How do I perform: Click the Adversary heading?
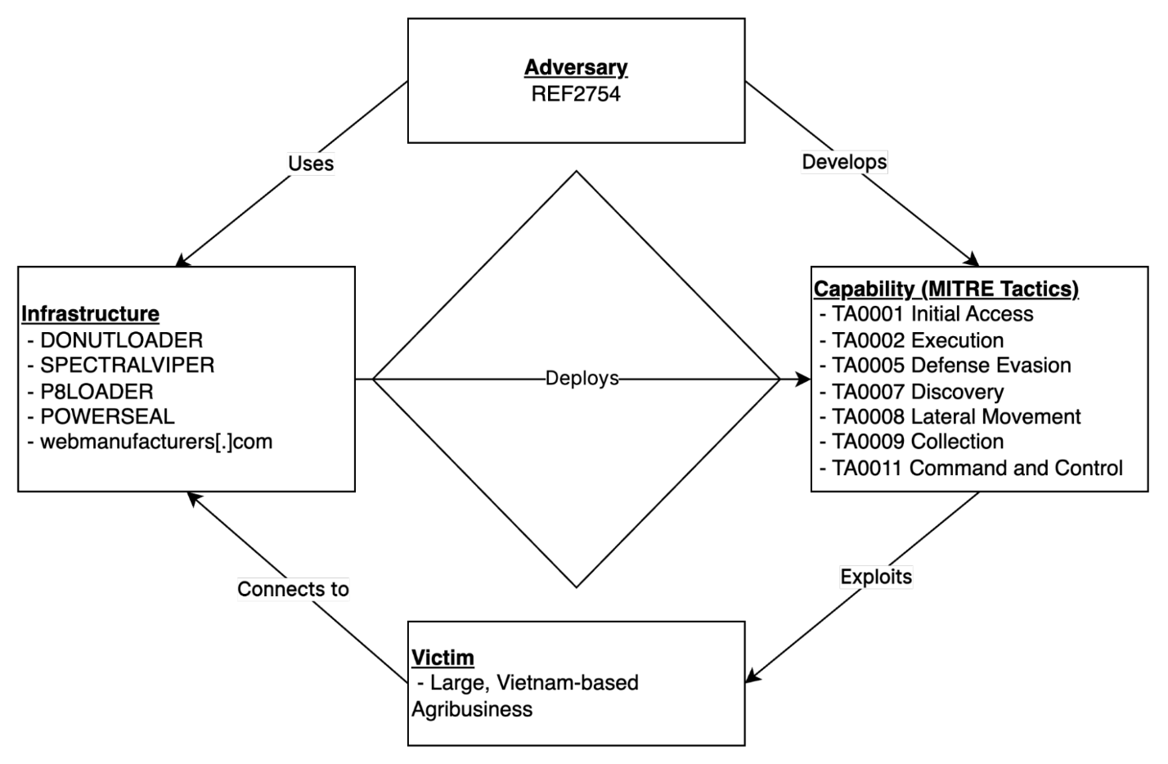click(x=576, y=68)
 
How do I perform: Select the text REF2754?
click(x=576, y=94)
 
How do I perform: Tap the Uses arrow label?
click(x=311, y=164)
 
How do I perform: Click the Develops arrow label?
click(x=844, y=162)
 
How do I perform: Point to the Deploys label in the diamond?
click(x=582, y=378)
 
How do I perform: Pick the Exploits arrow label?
click(x=876, y=577)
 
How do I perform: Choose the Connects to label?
click(x=293, y=589)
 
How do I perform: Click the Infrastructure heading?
click(x=90, y=314)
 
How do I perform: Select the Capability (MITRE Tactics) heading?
click(x=946, y=289)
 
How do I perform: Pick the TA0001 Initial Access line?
click(x=927, y=314)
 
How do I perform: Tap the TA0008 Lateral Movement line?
click(x=950, y=416)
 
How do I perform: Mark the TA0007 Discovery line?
click(x=912, y=392)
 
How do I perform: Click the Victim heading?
click(x=442, y=658)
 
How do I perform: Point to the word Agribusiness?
click(x=472, y=710)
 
